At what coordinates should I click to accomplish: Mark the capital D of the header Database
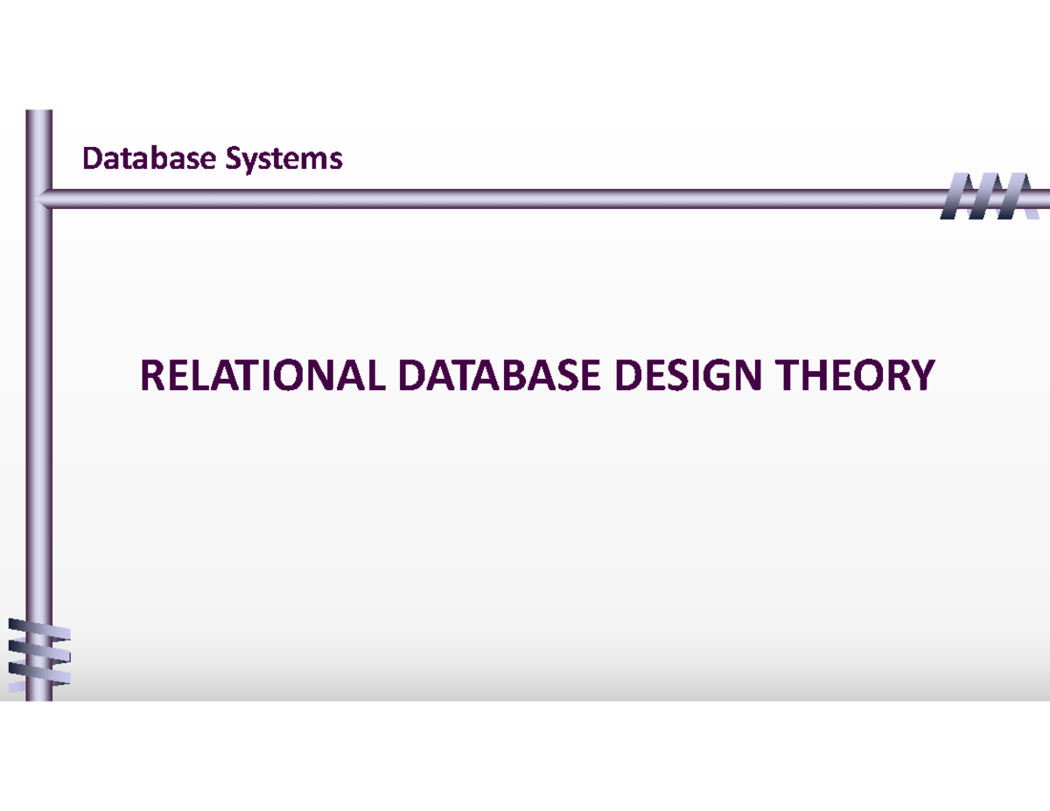(x=90, y=158)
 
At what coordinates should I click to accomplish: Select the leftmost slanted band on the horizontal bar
(x=955, y=197)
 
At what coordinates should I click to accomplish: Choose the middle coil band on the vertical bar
(x=38, y=652)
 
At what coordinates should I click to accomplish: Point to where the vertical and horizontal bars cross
(x=39, y=198)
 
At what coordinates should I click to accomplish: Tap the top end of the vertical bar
(x=39, y=115)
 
